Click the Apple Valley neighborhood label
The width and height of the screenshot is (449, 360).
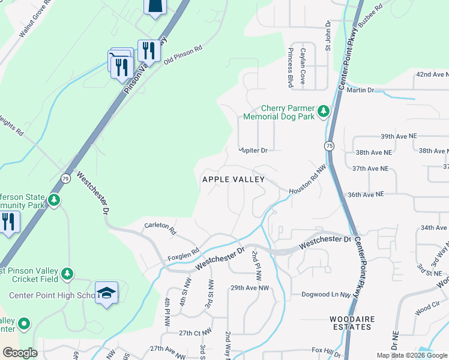pos(234,179)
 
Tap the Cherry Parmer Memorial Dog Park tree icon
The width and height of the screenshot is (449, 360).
pos(324,111)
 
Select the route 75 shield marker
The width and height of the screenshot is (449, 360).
pos(329,146)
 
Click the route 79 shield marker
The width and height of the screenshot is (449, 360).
pos(65,178)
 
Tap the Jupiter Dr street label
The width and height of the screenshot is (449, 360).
pos(253,150)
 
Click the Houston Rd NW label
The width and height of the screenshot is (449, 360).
pos(306,184)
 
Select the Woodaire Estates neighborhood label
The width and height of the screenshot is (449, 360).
pos(351,323)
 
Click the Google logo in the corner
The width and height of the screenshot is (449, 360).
pos(20,353)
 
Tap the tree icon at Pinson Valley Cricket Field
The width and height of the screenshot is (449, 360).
pos(67,274)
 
